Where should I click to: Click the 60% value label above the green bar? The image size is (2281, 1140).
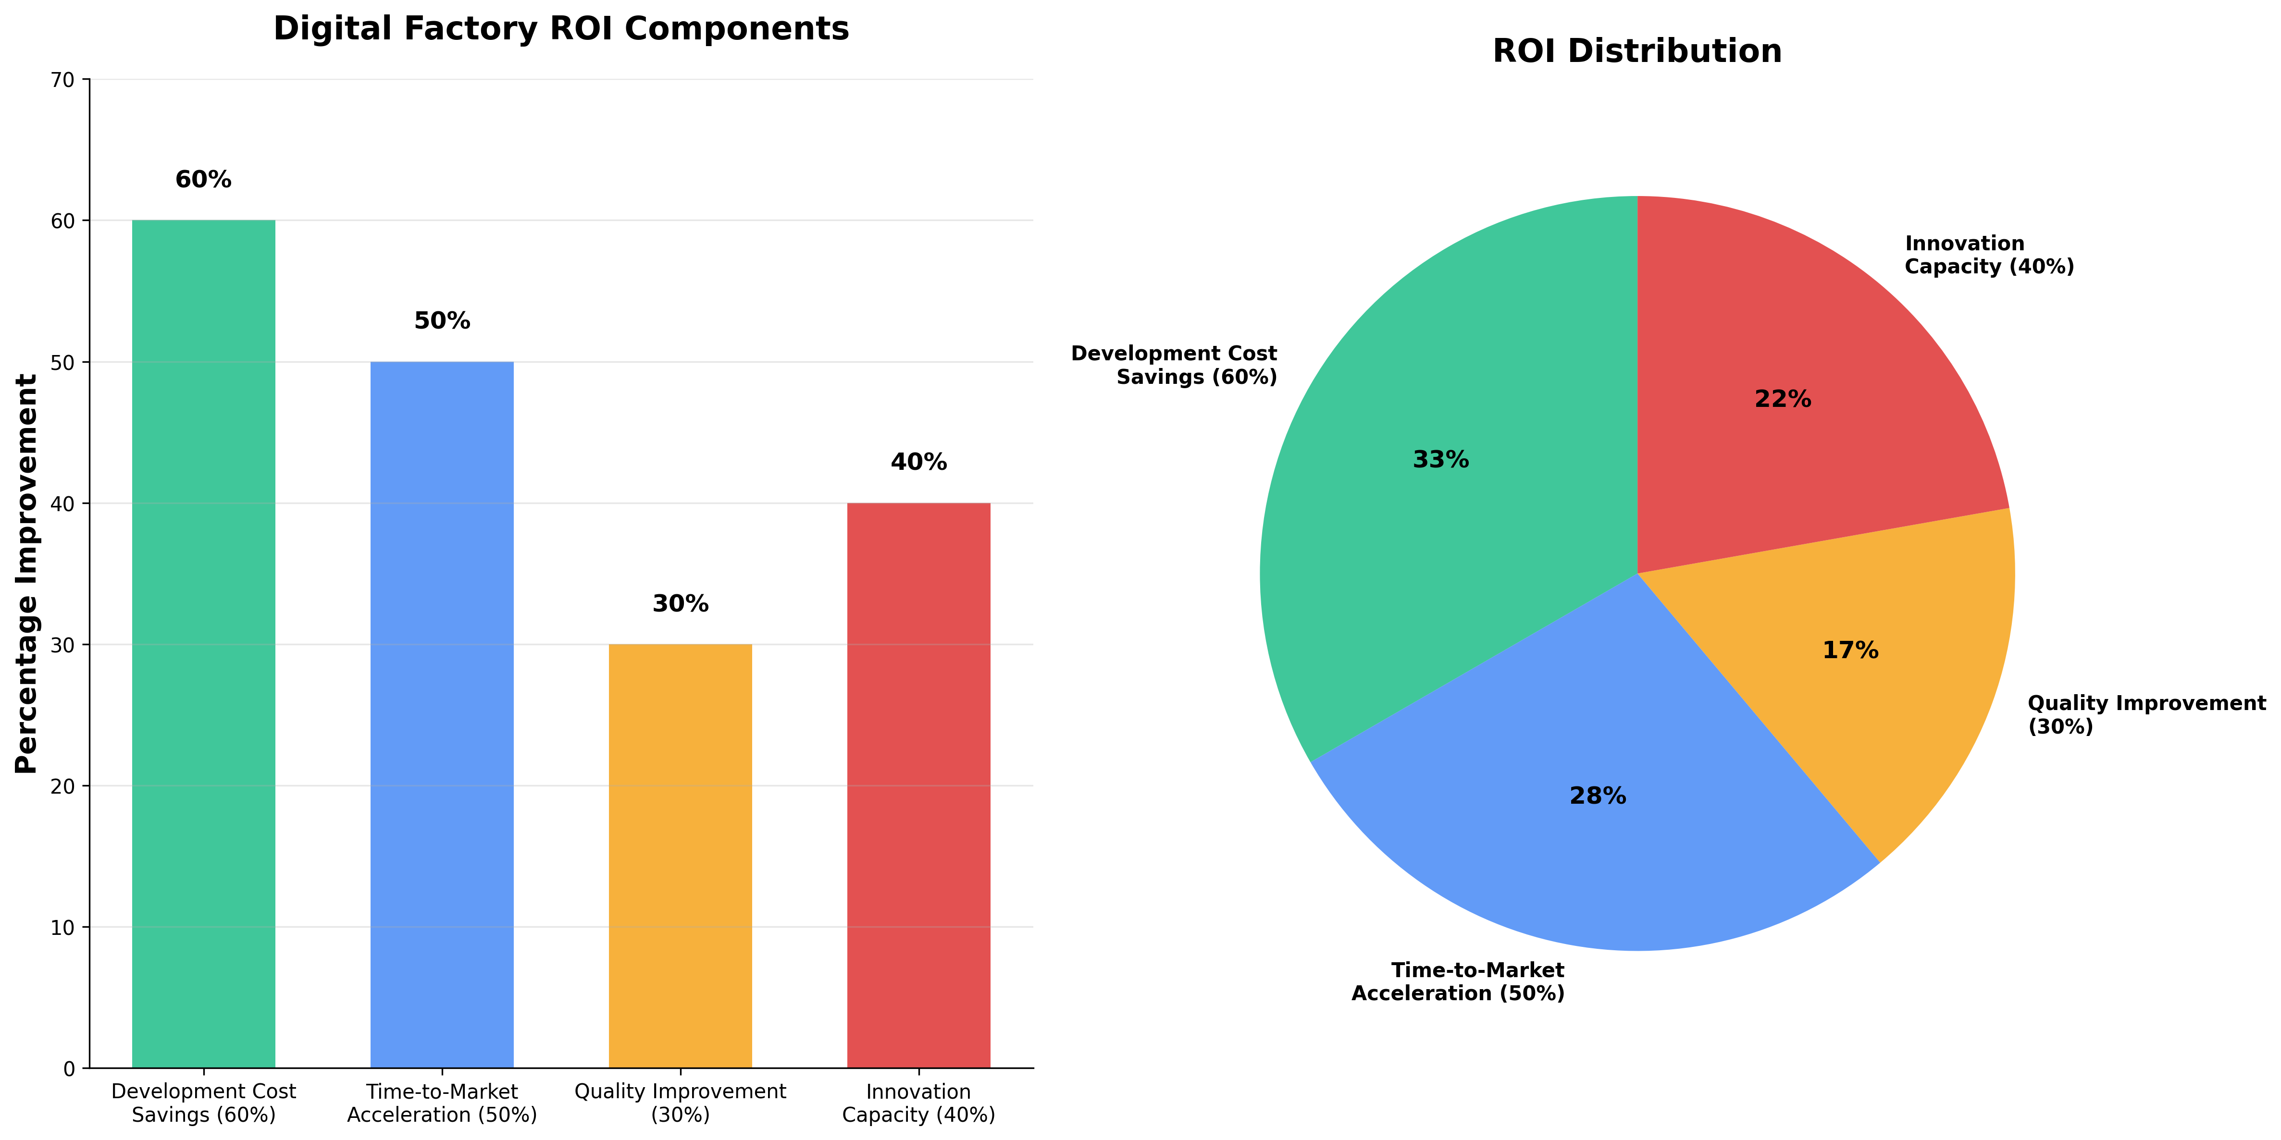[204, 180]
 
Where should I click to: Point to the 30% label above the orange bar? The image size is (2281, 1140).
[680, 604]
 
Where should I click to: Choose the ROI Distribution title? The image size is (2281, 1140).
[1636, 51]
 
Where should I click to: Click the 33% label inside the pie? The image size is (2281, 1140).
[1441, 459]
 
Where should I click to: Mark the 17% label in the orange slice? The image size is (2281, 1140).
[1850, 650]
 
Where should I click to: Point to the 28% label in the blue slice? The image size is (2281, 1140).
[1598, 796]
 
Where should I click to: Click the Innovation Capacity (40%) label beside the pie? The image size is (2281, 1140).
[1989, 255]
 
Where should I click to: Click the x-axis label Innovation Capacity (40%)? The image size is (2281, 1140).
[918, 1103]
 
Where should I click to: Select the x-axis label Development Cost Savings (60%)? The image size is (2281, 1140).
[204, 1103]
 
